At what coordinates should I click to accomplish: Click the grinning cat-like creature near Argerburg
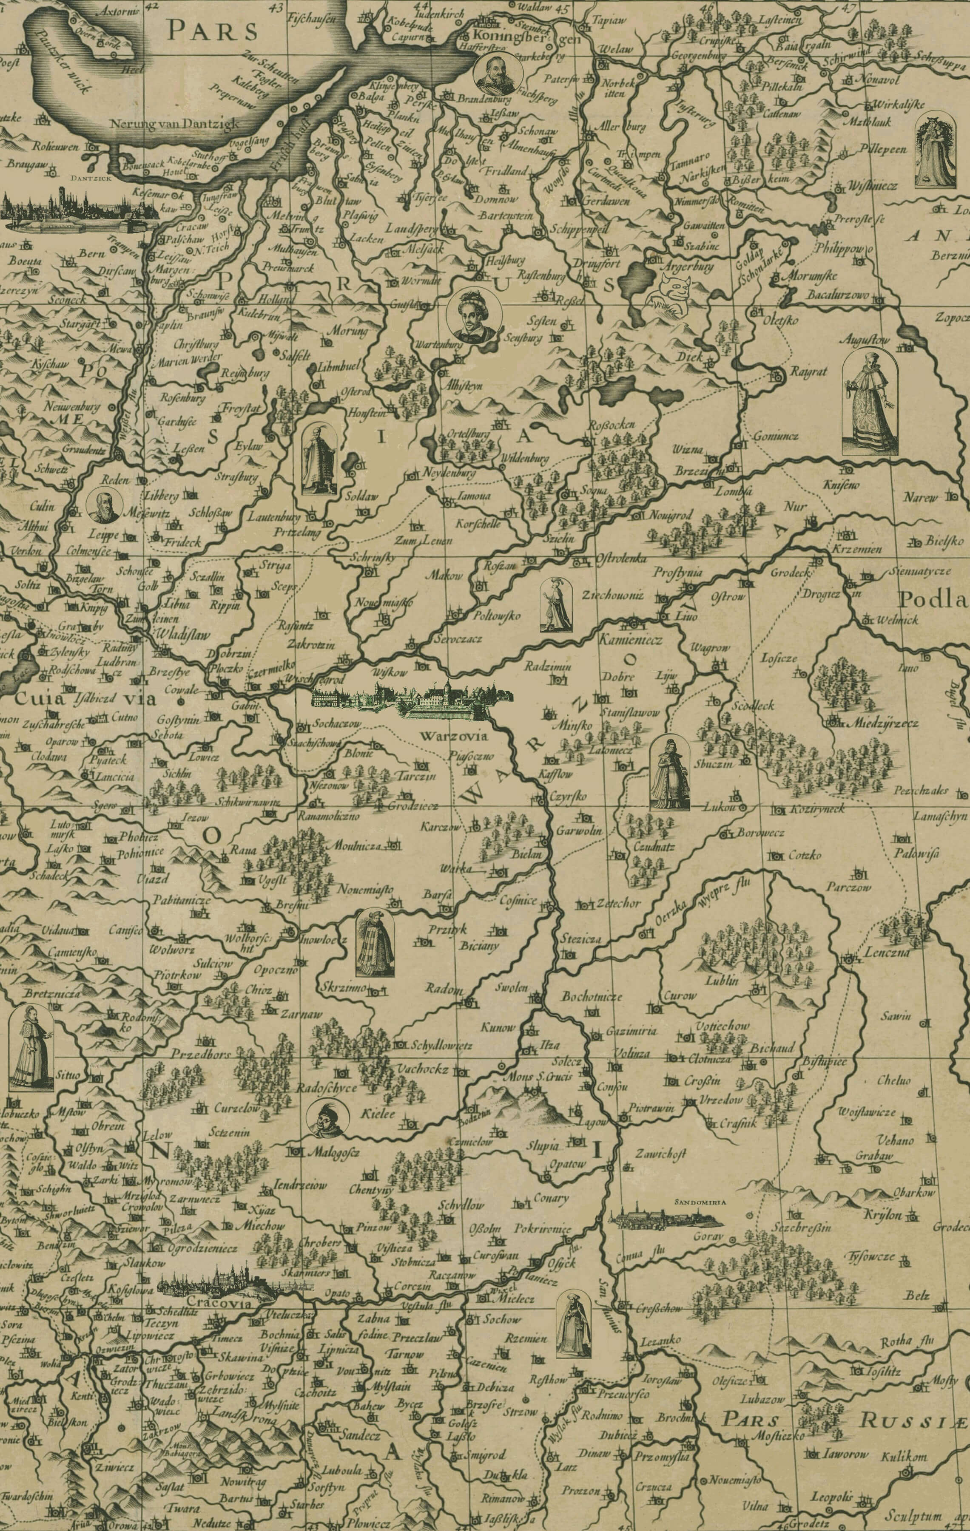tap(674, 293)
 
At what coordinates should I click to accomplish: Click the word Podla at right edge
tap(933, 599)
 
